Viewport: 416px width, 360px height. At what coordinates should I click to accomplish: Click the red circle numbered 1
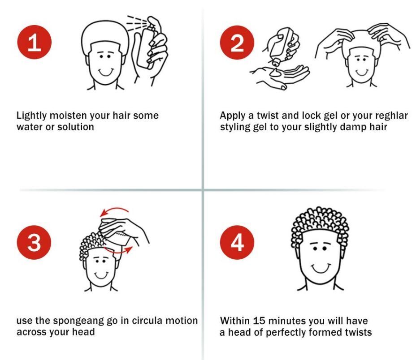(34, 42)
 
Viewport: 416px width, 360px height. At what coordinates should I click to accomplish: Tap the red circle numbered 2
(237, 43)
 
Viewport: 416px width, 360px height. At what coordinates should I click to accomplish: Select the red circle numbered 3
(34, 242)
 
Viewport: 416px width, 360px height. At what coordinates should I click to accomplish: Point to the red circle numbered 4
(237, 242)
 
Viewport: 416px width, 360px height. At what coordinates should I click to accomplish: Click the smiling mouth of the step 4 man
(320, 268)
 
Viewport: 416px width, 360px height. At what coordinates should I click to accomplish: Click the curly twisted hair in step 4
(320, 221)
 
